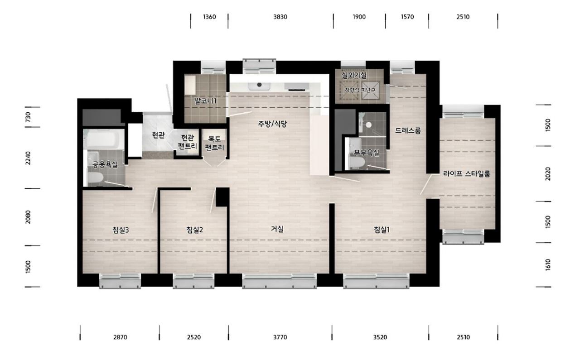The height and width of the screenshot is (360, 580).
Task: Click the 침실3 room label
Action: tap(121, 230)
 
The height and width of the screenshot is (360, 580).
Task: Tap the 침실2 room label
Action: tap(195, 230)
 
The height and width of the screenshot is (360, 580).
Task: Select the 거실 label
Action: tap(277, 229)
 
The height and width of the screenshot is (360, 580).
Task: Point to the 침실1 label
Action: tap(382, 230)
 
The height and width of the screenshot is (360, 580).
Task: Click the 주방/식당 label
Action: tap(272, 124)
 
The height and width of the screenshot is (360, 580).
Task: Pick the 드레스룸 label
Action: tap(408, 130)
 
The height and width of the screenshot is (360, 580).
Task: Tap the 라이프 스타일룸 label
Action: tap(467, 173)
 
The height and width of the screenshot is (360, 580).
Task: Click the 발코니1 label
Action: tap(205, 101)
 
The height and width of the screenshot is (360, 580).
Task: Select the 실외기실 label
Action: tap(354, 75)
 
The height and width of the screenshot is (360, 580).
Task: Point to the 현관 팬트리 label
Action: tap(188, 142)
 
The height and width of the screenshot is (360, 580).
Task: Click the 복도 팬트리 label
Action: tap(214, 143)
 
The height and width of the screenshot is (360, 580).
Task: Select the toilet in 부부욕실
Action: tap(357, 162)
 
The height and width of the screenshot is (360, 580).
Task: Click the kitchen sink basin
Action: tap(260, 86)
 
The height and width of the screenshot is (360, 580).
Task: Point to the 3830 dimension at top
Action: tap(280, 17)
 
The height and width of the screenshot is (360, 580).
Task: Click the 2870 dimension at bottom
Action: tap(120, 337)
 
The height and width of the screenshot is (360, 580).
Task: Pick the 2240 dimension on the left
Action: tap(28, 158)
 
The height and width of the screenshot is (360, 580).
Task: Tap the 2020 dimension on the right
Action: tap(548, 173)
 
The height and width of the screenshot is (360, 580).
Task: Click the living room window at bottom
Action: tap(280, 281)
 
